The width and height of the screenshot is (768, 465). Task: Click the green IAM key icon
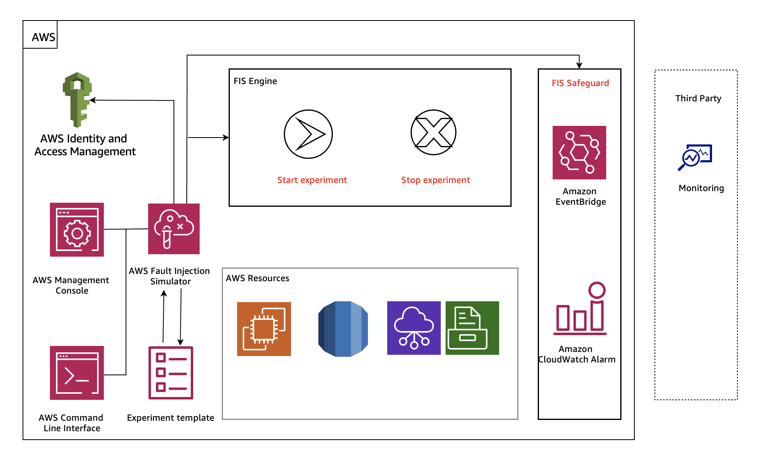(77, 99)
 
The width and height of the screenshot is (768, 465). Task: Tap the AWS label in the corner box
(43, 37)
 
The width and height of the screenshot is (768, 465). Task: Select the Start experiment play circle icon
(308, 134)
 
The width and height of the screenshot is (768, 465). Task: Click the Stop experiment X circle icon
(433, 132)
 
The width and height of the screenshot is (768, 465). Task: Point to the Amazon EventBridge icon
(579, 152)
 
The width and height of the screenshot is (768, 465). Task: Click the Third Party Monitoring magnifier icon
(695, 157)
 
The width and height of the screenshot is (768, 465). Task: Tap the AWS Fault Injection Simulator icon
(174, 229)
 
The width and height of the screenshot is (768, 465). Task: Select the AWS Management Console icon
(77, 230)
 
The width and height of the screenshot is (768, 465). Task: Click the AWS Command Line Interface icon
(77, 373)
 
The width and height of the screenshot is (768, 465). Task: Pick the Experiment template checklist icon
(171, 373)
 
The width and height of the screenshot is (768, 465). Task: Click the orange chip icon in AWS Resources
(264, 329)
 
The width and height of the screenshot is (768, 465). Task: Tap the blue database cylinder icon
(343, 329)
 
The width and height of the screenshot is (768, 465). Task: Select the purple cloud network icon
(414, 328)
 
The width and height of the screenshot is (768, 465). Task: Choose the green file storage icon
(472, 328)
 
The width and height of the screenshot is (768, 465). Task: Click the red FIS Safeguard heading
(580, 83)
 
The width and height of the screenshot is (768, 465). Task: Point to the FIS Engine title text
(255, 81)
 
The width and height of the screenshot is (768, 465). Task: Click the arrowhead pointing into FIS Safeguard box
(579, 66)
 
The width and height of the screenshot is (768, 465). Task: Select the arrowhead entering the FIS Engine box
(226, 138)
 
